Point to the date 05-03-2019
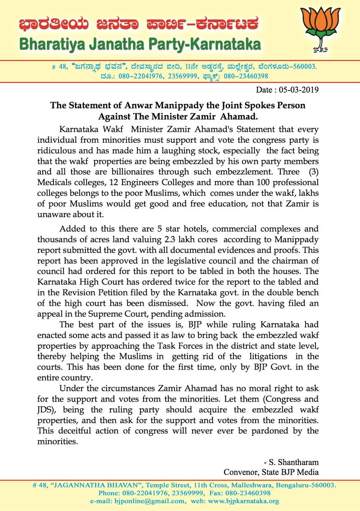tap(302, 89)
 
